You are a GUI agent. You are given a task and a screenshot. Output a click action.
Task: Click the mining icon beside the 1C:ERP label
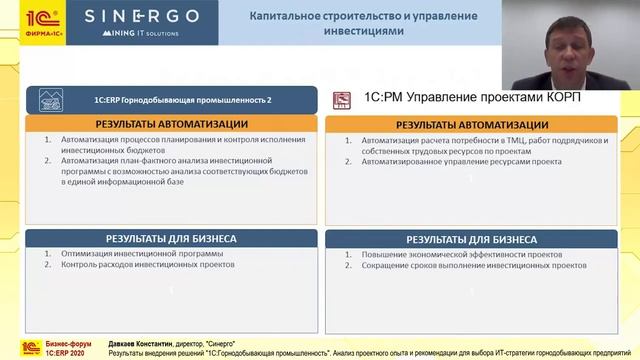pos(50,100)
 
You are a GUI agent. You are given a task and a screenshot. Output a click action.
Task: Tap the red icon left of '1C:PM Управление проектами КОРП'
pos(341,99)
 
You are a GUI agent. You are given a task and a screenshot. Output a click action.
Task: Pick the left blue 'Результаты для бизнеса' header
pos(171,239)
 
